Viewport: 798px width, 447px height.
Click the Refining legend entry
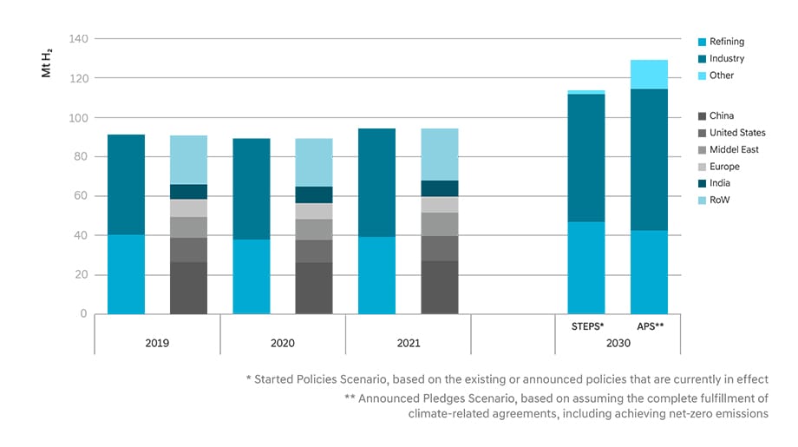tap(726, 42)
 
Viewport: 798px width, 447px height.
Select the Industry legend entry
tap(726, 59)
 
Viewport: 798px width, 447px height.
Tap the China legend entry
tap(721, 115)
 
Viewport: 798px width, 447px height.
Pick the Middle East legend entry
tap(734, 149)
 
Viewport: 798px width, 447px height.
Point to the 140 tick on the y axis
tap(77, 39)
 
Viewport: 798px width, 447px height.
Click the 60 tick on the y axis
tap(80, 196)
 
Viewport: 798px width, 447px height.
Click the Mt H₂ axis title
tap(47, 62)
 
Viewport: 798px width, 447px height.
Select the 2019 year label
tap(157, 343)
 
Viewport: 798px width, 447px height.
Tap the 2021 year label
tap(408, 343)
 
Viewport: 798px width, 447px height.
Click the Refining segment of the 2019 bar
tap(126, 274)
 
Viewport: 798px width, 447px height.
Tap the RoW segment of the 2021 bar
tap(440, 154)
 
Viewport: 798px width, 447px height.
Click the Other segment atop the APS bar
tap(649, 75)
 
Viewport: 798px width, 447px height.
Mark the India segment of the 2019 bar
tap(188, 192)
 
